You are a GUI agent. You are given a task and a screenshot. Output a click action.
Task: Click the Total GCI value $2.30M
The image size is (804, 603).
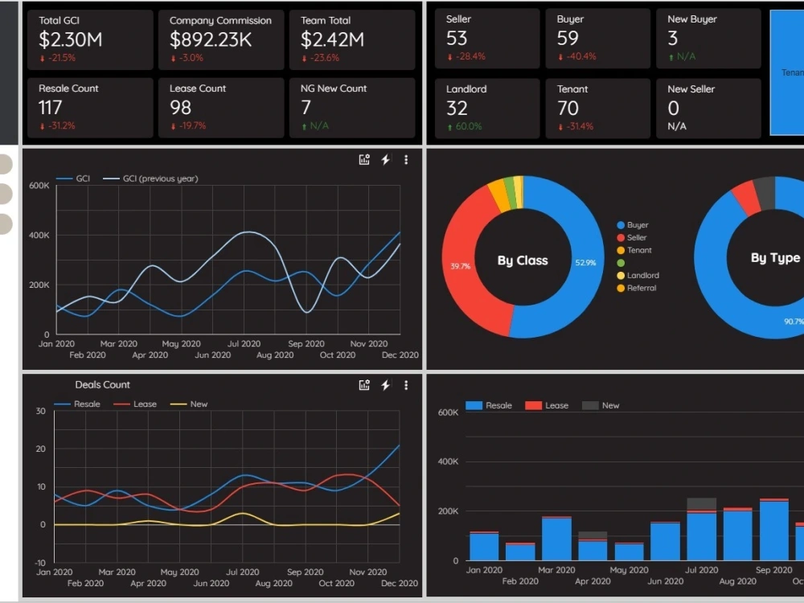click(x=70, y=39)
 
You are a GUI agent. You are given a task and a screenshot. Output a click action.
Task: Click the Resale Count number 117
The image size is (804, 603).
click(x=50, y=107)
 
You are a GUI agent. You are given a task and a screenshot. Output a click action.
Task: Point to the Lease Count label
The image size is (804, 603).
click(x=197, y=88)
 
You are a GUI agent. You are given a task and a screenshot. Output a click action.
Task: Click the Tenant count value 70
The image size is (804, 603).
click(x=568, y=108)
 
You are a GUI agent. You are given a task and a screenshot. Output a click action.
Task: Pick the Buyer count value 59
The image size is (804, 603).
click(x=568, y=38)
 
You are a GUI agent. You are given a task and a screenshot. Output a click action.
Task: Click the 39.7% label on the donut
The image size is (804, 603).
click(x=461, y=266)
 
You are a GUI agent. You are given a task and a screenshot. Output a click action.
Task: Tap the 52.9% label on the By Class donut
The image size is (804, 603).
click(x=585, y=263)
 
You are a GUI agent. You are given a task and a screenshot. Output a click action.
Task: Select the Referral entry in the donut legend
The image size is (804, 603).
click(x=641, y=288)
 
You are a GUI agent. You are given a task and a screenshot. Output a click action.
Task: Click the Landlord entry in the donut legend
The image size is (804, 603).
click(x=642, y=275)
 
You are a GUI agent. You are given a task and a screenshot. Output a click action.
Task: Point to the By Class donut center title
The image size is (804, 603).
click(x=523, y=260)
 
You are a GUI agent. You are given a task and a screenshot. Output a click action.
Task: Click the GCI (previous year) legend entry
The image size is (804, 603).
click(x=159, y=178)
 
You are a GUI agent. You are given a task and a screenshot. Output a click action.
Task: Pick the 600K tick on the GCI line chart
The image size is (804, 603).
click(x=39, y=186)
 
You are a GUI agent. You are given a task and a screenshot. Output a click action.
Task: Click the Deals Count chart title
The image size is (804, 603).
click(x=102, y=384)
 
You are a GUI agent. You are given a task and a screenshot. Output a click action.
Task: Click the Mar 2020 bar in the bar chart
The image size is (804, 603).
click(x=556, y=539)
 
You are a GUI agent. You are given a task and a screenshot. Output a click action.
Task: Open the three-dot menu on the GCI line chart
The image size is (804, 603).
click(x=406, y=160)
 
